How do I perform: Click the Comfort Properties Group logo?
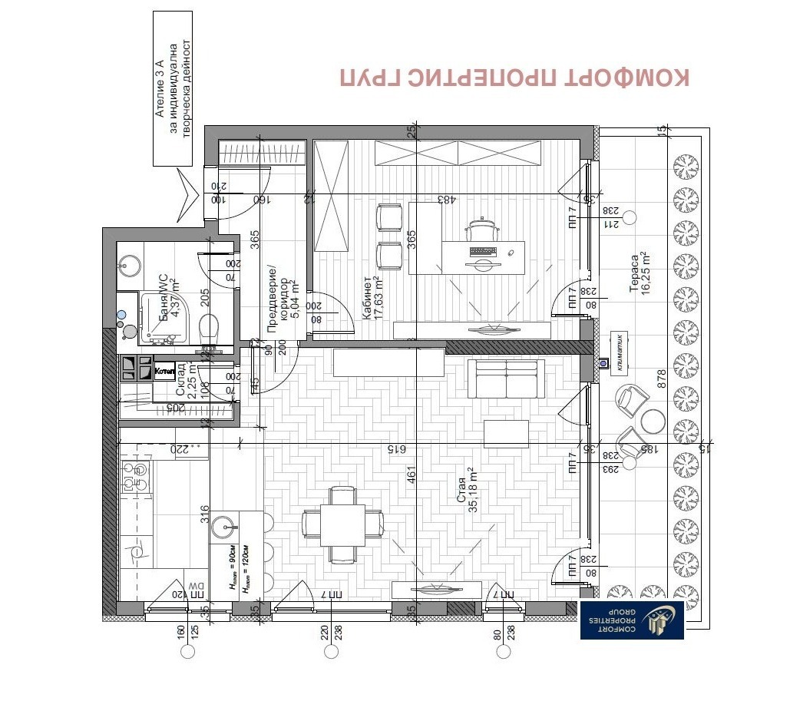point(632,620)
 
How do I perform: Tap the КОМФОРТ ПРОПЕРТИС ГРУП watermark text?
point(514,78)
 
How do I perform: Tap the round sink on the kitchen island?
point(227,527)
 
